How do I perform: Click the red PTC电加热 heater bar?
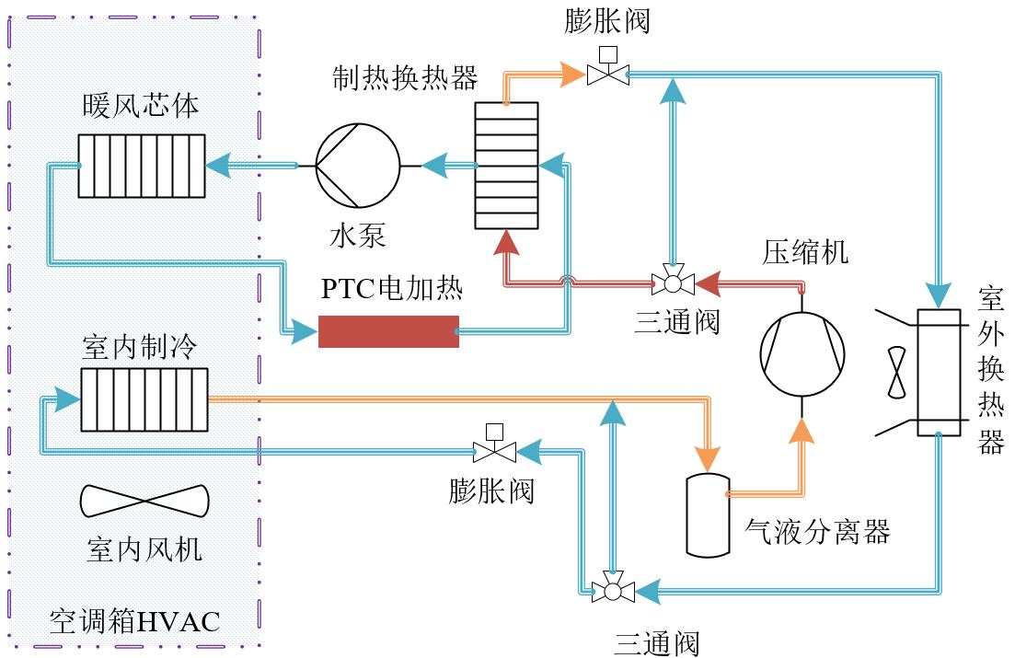coord(388,331)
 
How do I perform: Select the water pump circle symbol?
coord(358,167)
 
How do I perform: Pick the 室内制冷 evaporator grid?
coord(144,399)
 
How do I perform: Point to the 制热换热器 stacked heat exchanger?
coord(506,166)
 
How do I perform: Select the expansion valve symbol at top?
coord(608,74)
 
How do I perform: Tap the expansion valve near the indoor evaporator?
coord(494,450)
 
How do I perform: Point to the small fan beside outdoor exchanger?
coord(895,373)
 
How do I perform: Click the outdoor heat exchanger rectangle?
coord(940,372)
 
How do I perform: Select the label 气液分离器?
coord(816,531)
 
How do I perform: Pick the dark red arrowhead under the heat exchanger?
coord(505,242)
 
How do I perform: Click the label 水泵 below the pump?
coord(358,236)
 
